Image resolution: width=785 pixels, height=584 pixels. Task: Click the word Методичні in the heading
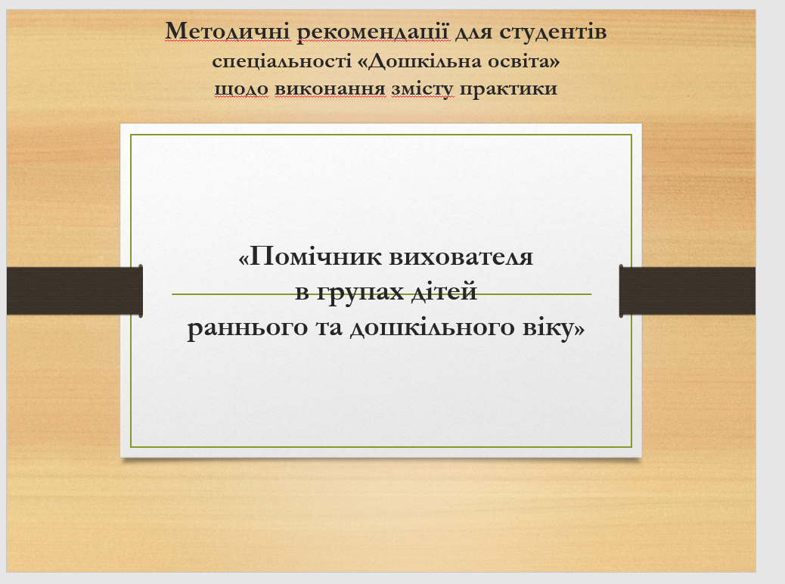(x=228, y=31)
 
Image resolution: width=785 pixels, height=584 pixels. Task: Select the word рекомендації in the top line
(x=374, y=33)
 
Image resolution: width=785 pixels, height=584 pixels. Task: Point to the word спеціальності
(x=282, y=62)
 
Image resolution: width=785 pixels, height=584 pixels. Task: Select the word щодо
(x=242, y=89)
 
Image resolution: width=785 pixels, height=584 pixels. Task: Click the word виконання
(x=330, y=89)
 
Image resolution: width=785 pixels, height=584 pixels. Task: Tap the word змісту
(x=423, y=89)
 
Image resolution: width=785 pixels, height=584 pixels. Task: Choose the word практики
(x=508, y=89)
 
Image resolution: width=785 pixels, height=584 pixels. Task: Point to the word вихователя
(x=461, y=257)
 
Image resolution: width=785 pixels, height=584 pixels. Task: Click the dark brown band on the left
(x=75, y=291)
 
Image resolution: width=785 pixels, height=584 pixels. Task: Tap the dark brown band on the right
(x=687, y=291)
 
